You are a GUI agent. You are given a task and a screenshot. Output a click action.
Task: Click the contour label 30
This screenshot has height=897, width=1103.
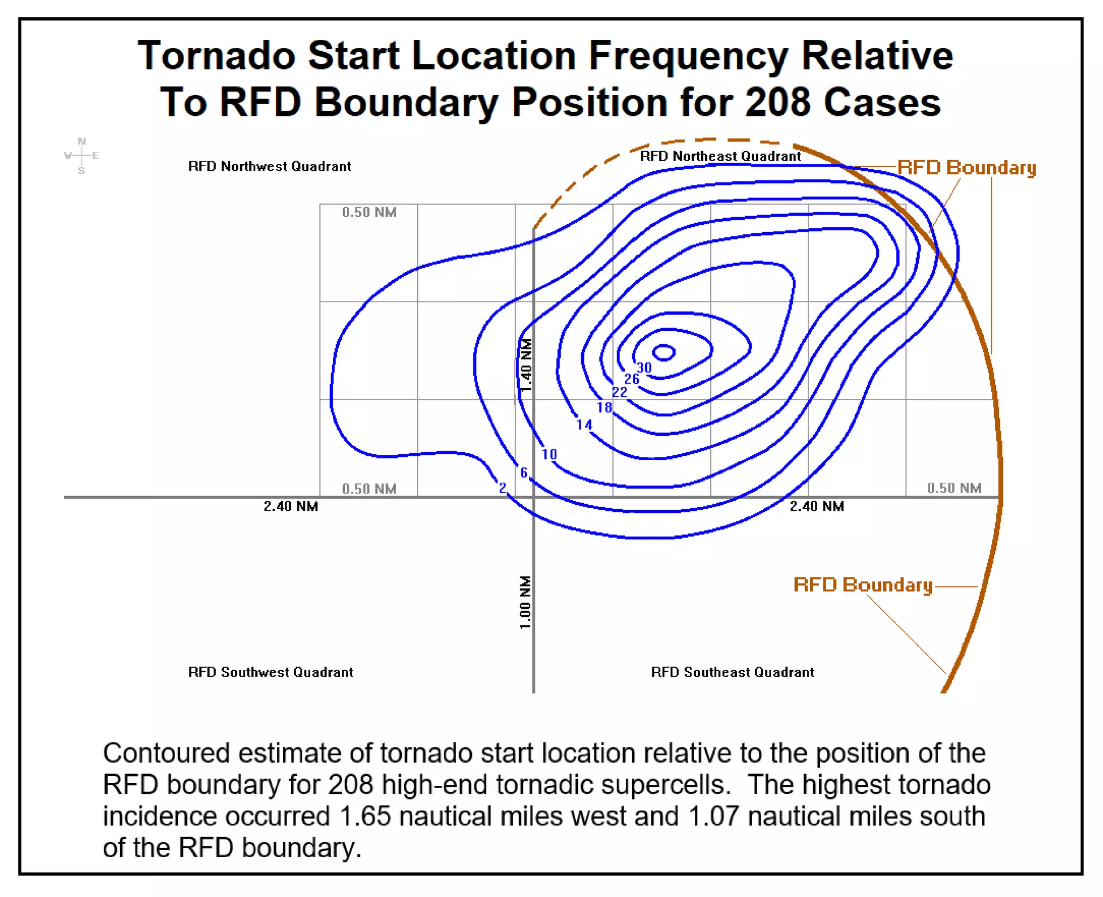[644, 368]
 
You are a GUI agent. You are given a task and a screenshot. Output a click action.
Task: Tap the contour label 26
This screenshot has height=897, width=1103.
[632, 379]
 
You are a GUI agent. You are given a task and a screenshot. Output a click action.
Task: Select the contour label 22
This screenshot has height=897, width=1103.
[620, 392]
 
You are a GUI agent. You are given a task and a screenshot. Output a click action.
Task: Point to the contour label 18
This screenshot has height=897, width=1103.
[604, 408]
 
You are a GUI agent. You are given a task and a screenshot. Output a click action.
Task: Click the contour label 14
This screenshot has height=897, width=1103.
[584, 425]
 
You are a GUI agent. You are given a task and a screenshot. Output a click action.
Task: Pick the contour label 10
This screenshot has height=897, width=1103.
[549, 455]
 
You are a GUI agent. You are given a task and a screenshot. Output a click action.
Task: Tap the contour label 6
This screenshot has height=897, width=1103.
[523, 473]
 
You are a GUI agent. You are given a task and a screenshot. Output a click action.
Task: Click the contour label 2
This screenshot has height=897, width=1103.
[502, 488]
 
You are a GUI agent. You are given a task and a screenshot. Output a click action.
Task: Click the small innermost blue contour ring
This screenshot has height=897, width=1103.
[664, 353]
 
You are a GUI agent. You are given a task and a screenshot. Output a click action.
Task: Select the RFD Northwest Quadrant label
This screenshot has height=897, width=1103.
[269, 166]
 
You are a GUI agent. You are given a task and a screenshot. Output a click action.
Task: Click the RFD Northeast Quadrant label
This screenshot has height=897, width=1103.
[720, 157]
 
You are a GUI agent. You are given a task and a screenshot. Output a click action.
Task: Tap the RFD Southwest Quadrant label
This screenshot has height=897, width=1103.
[270, 672]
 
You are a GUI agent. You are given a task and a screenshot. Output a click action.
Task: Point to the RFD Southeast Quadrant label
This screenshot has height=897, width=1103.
[732, 672]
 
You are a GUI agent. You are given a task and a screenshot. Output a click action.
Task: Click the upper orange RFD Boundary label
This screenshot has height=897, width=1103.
[967, 168]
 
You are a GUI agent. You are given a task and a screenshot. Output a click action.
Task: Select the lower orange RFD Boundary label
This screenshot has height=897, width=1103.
[863, 585]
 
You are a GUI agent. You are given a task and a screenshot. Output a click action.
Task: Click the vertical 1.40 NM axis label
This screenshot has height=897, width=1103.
[526, 365]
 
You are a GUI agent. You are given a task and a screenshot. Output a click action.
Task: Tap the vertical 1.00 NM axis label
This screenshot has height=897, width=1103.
[525, 602]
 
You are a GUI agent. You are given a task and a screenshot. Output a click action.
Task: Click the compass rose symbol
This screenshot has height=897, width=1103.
[81, 156]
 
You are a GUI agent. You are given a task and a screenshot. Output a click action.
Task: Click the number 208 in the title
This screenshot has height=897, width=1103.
[778, 102]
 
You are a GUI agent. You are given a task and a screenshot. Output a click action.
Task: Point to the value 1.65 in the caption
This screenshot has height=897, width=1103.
[365, 816]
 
